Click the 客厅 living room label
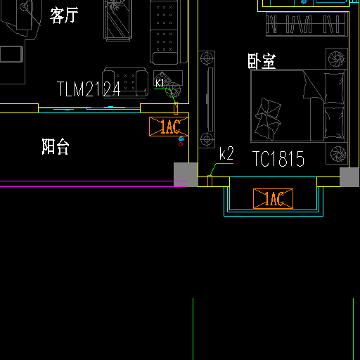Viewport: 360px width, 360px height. pyautogui.click(x=64, y=15)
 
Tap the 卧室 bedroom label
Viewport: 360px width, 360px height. pyautogui.click(x=262, y=61)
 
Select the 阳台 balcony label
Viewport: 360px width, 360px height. pyautogui.click(x=56, y=146)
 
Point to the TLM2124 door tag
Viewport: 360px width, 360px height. pyautogui.click(x=89, y=89)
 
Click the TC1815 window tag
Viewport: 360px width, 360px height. pyautogui.click(x=278, y=159)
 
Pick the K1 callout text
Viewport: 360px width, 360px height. pyautogui.click(x=160, y=83)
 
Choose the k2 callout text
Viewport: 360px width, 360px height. pyautogui.click(x=226, y=153)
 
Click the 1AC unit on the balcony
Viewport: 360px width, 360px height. pyautogui.click(x=169, y=127)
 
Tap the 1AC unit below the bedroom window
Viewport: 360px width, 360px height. pyautogui.click(x=273, y=198)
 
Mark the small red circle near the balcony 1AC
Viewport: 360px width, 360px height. pyautogui.click(x=181, y=144)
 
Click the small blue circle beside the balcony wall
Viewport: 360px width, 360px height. pyautogui.click(x=181, y=139)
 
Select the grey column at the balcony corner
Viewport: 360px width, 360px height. pyautogui.click(x=186, y=174)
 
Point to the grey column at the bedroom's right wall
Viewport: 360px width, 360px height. pyautogui.click(x=349, y=177)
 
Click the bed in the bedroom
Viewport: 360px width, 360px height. pyautogui.click(x=299, y=106)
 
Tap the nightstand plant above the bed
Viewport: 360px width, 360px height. pyautogui.click(x=337, y=58)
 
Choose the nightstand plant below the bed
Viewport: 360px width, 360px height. pyautogui.click(x=337, y=154)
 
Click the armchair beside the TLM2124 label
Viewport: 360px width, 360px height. pyautogui.click(x=125, y=82)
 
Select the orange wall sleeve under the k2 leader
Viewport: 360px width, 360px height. pyautogui.click(x=210, y=181)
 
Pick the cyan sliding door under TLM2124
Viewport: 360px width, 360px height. pyautogui.click(x=89, y=110)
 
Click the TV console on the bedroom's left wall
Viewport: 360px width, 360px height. pyautogui.click(x=207, y=99)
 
